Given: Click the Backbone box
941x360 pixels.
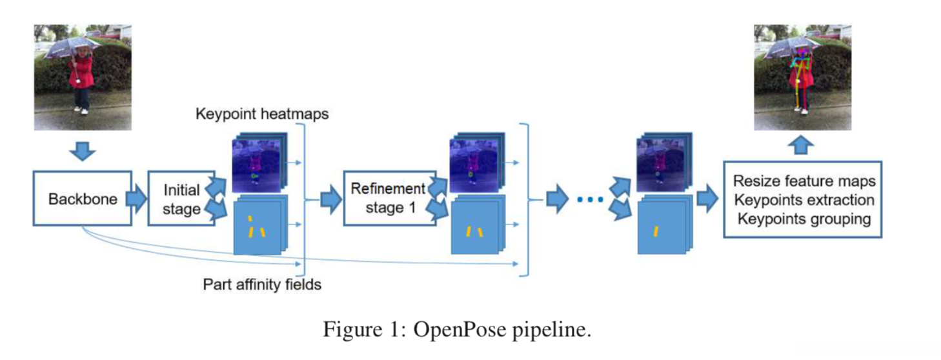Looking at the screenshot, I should pyautogui.click(x=82, y=198).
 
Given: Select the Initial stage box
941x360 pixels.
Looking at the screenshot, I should pyautogui.click(x=181, y=199).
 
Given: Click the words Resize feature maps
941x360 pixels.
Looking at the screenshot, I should pyautogui.click(x=804, y=181).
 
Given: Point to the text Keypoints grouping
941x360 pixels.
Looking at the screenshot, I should pyautogui.click(x=804, y=219).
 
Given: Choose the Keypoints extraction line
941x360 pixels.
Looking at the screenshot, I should pyautogui.click(x=804, y=200).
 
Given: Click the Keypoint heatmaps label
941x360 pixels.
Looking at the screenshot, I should pyautogui.click(x=262, y=114).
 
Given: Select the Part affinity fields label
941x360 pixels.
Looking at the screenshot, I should pyautogui.click(x=262, y=284).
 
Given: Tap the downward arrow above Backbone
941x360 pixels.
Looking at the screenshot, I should pyautogui.click(x=82, y=152).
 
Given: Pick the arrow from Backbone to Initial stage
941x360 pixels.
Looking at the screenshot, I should pyautogui.click(x=136, y=198).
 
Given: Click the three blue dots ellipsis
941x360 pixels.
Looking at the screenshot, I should pyautogui.click(x=589, y=200).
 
